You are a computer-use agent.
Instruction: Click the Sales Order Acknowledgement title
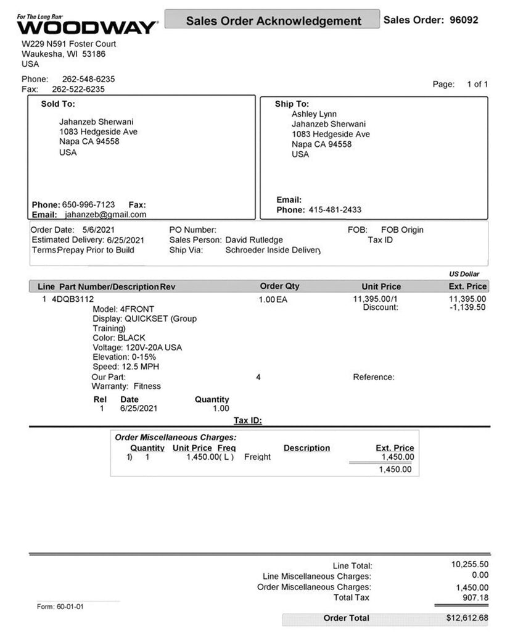point(274,21)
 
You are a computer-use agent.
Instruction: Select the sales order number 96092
point(464,20)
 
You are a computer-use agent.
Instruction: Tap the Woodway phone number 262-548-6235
point(88,79)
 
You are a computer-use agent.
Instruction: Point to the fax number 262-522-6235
point(78,89)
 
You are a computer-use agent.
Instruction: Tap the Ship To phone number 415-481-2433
point(335,210)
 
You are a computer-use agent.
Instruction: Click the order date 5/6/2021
point(95,230)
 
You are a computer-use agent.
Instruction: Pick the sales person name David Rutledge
point(254,239)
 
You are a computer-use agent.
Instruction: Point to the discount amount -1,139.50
point(468,307)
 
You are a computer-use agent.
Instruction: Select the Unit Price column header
point(381,286)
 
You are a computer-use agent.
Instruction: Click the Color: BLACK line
point(119,338)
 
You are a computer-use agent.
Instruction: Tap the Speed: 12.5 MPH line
point(125,367)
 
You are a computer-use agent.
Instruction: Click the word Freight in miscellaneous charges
point(257,457)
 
